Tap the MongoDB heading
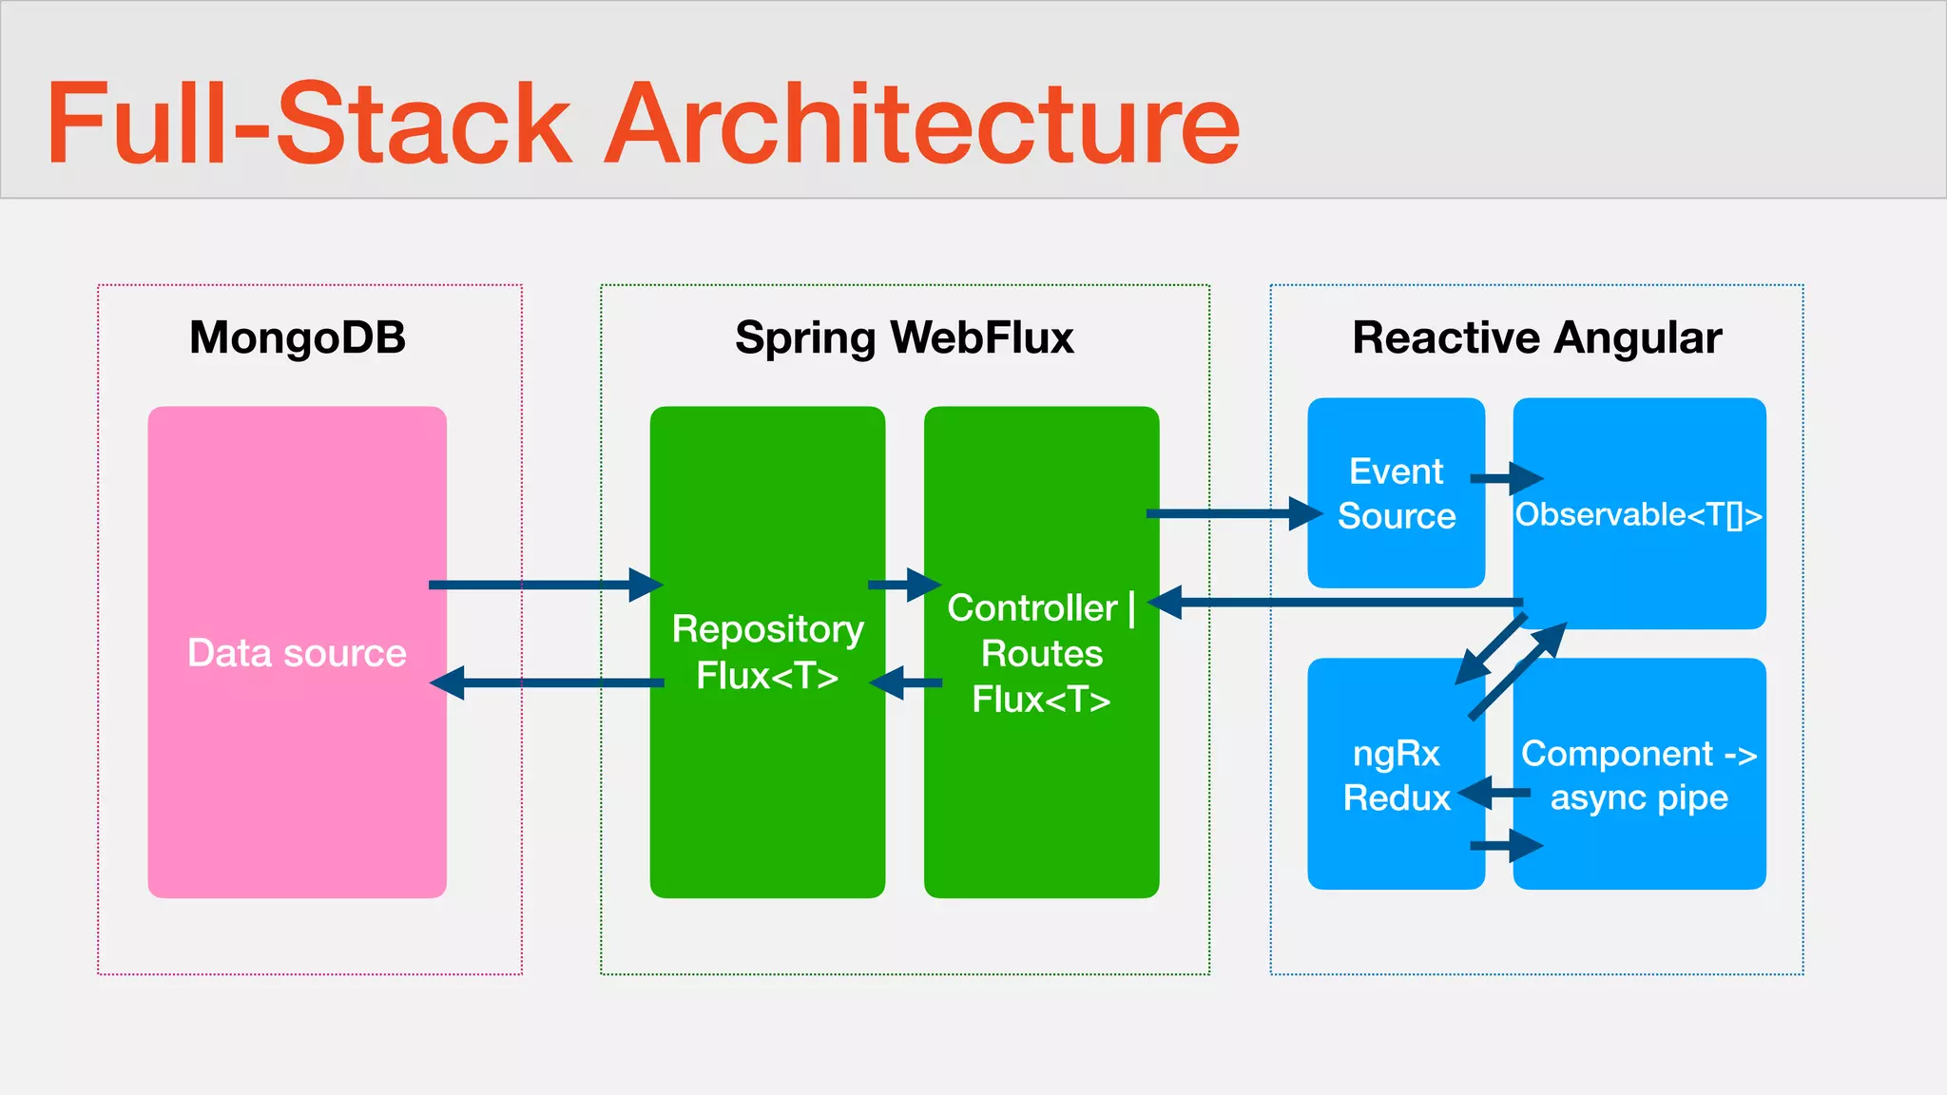point(298,337)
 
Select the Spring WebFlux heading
point(904,337)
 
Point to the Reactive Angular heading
point(1536,337)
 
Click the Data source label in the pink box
point(297,653)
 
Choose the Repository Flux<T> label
point(767,652)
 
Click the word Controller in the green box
point(1031,608)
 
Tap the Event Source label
point(1396,493)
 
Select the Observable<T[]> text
point(1638,514)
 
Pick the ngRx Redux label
point(1396,775)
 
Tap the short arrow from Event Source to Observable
point(1507,478)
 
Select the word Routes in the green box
point(1042,654)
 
